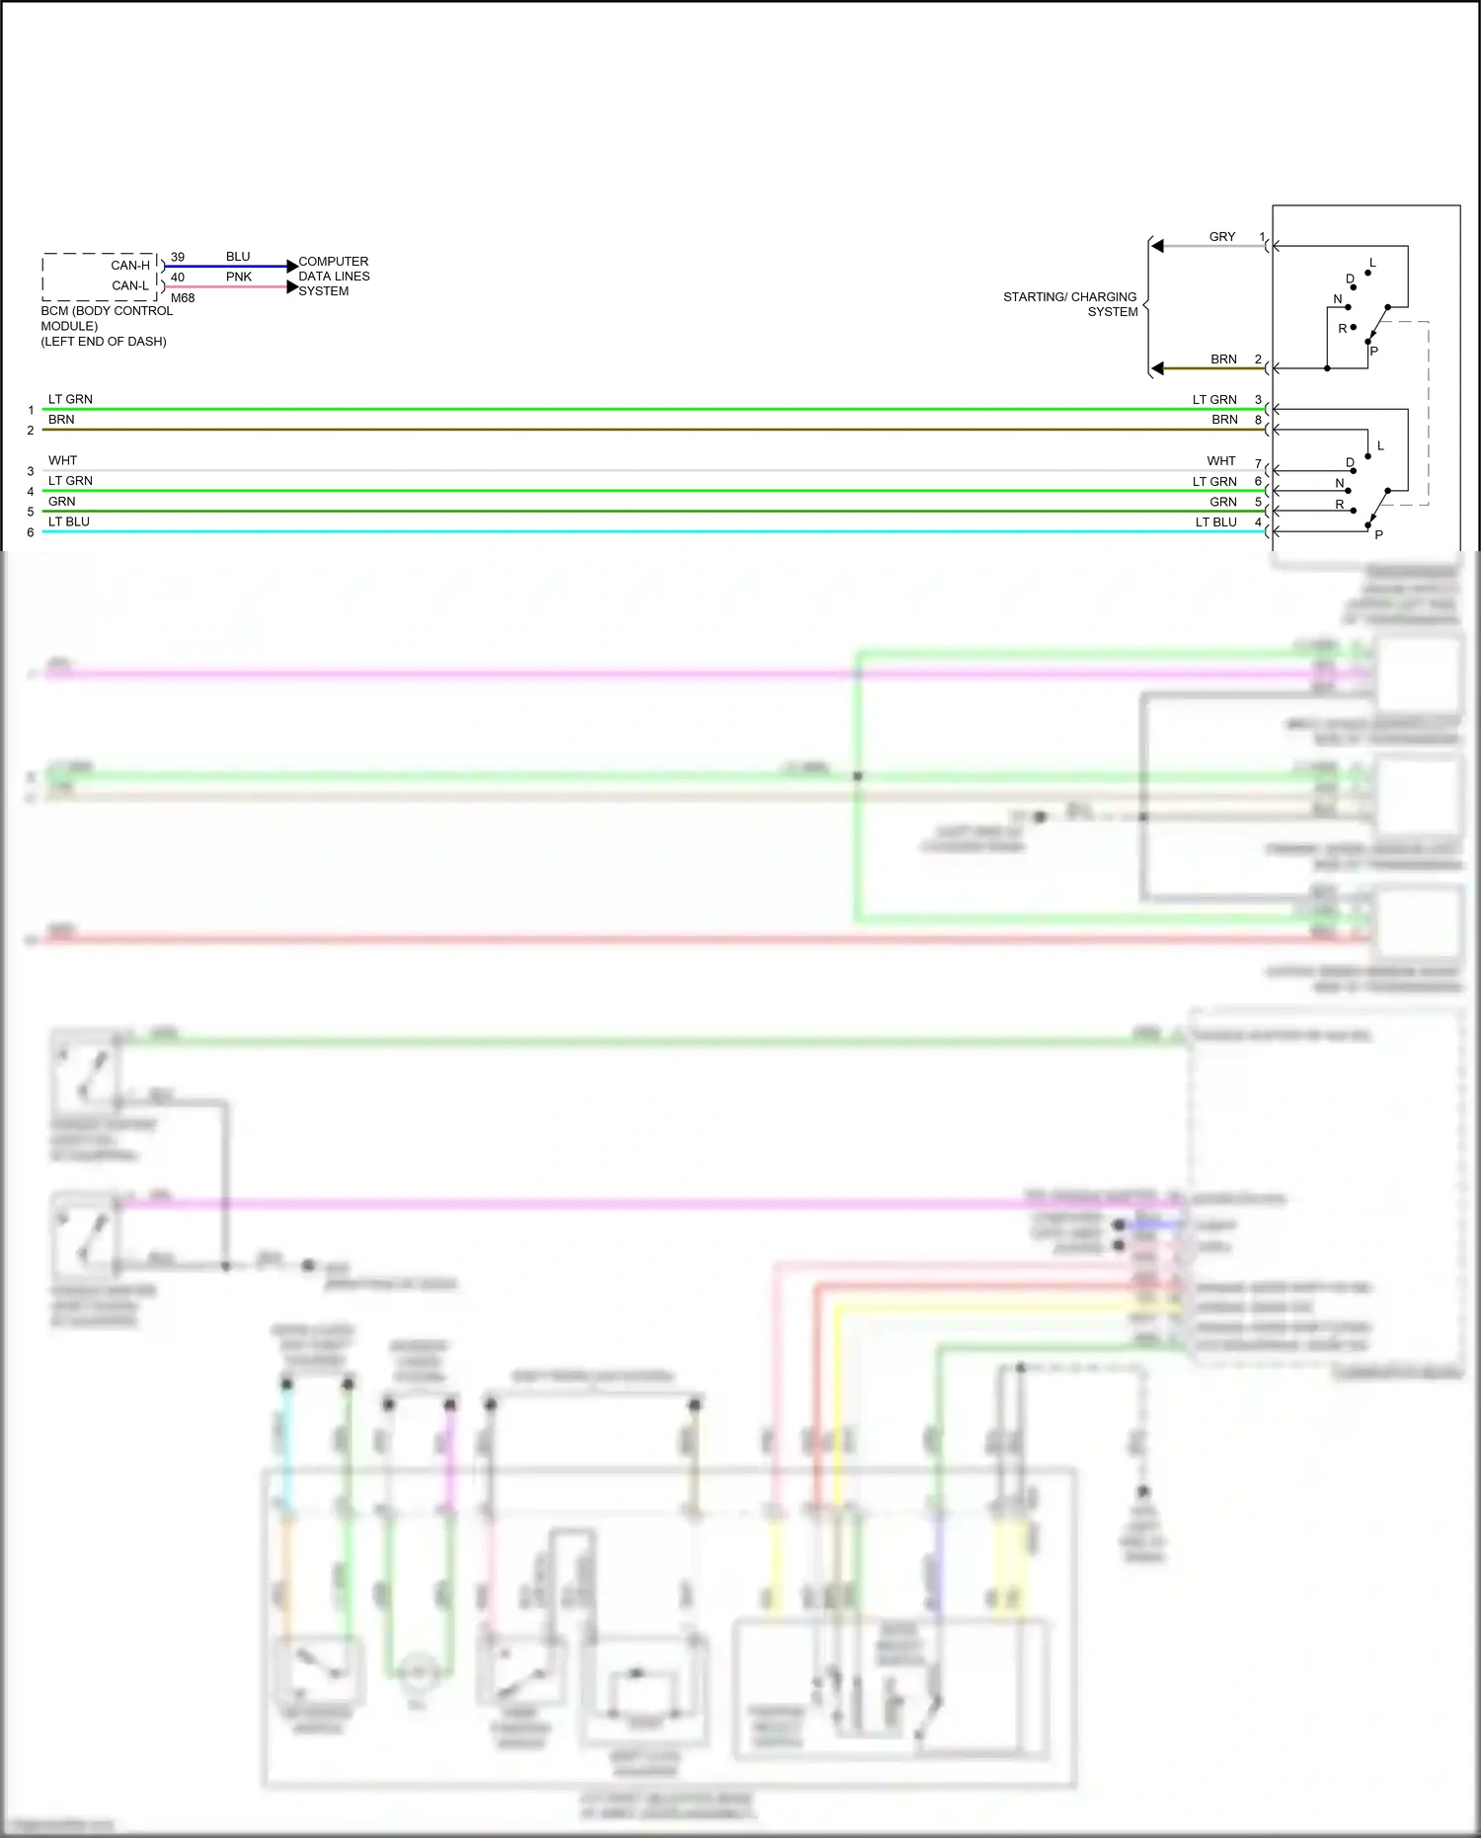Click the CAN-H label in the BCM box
[130, 265]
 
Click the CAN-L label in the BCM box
[130, 285]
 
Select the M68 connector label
[183, 297]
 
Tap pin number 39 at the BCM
[178, 257]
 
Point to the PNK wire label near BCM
[238, 277]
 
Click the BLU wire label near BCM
[238, 256]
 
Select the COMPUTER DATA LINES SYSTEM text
[334, 276]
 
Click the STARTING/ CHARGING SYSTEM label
[1070, 303]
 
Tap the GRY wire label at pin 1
[1222, 236]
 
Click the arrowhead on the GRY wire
[1158, 246]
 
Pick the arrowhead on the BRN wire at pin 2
[1158, 368]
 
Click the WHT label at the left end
[62, 460]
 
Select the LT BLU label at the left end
[69, 521]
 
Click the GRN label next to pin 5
[1223, 502]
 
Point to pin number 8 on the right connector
[1258, 420]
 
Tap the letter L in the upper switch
[1372, 263]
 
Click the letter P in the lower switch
[1378, 534]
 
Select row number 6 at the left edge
[31, 532]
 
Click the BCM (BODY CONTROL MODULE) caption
[107, 325]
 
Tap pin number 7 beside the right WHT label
[1258, 463]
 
